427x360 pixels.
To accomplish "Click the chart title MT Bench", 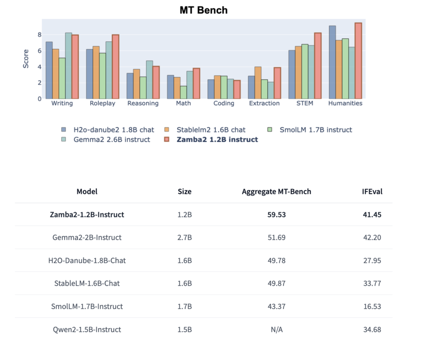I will click(203, 10).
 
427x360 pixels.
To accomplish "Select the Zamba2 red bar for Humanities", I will click(358, 61).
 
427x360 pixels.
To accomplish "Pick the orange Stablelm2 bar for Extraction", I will click(258, 83).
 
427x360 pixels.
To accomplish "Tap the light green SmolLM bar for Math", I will click(183, 92).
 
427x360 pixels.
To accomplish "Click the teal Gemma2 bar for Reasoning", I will click(149, 80).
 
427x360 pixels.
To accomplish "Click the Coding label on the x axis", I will click(224, 103).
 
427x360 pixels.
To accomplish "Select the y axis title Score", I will click(26, 59).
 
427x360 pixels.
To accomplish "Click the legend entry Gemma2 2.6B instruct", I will click(111, 139).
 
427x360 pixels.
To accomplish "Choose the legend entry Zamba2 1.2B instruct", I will click(217, 139).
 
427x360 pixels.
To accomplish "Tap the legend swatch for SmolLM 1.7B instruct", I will click(270, 130).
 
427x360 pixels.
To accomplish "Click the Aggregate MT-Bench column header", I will click(276, 191).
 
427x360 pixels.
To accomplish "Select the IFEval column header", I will click(372, 191).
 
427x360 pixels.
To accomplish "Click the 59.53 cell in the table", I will click(276, 215).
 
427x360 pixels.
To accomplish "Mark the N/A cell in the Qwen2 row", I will click(276, 330).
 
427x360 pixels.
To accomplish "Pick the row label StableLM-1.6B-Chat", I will click(87, 284).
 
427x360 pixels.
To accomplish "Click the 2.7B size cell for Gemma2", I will click(184, 238).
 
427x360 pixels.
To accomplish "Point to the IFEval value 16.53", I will click(372, 307).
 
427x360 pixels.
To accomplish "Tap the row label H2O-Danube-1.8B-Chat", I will click(87, 261).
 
